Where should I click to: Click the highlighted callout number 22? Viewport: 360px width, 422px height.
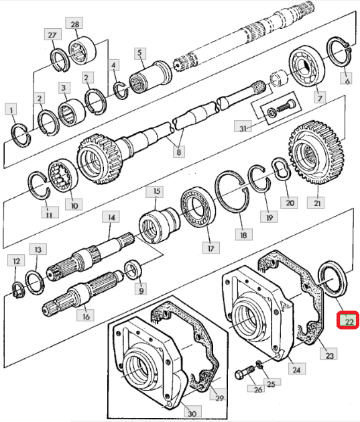[348, 320]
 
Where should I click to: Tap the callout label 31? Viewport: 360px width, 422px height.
[243, 128]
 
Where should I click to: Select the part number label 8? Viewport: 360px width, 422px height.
[179, 152]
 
